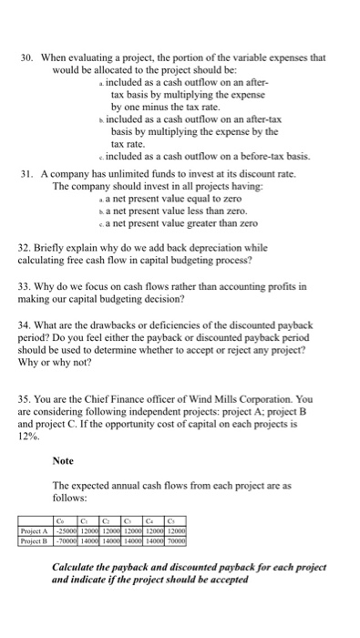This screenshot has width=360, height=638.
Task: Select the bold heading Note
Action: tap(63, 460)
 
